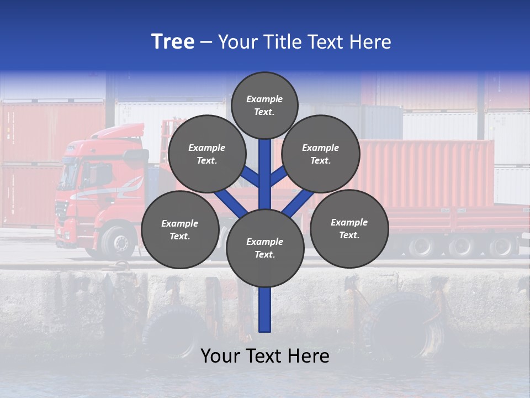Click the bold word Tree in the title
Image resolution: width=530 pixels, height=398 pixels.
173,42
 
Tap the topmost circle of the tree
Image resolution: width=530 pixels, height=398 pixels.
264,105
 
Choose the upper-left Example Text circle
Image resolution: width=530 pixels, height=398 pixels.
206,154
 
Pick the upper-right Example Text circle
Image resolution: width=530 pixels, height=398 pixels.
320,154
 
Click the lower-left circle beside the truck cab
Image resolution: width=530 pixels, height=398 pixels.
179,229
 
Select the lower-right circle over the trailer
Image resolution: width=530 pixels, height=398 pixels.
349,228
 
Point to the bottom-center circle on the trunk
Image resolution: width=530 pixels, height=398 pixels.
264,248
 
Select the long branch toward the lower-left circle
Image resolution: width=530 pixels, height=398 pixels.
231,203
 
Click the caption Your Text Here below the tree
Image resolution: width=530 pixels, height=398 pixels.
264,356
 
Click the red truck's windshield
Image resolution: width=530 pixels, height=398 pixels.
69,175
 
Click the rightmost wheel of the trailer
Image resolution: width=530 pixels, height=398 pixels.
502,247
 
